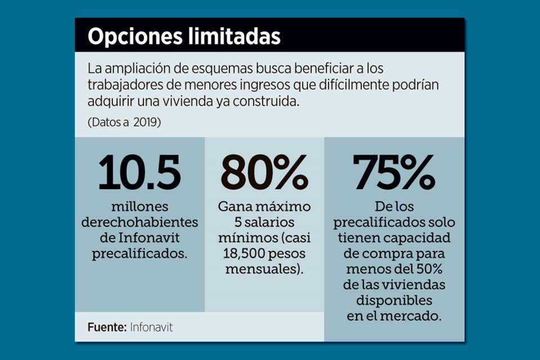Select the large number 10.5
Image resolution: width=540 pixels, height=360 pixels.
point(139,172)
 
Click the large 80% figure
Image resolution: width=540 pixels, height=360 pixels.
point(264,172)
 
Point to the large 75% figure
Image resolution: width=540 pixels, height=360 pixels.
point(394,172)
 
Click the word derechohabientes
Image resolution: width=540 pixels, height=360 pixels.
point(139,222)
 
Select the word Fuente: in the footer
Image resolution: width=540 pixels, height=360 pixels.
point(107,326)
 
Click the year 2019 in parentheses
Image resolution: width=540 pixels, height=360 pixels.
point(147,122)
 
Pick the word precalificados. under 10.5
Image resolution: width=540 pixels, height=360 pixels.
point(139,254)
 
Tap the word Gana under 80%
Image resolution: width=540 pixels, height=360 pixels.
point(234,206)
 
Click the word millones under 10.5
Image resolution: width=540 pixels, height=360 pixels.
point(139,206)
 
